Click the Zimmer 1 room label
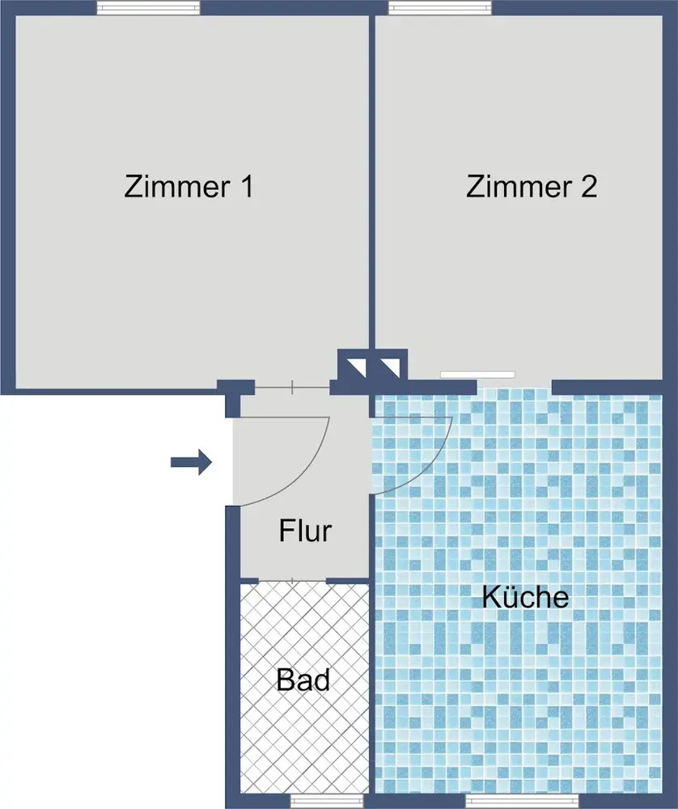pos(189,187)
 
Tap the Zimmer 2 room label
pos(532,187)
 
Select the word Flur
pos(305,531)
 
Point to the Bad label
pos(303,680)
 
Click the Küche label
pos(525,597)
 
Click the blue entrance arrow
pos(192,462)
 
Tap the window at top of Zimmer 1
pos(149,8)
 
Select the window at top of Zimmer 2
pos(440,8)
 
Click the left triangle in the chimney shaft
pos(357,366)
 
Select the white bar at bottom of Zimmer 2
pos(477,375)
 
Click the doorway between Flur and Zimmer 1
pos(292,387)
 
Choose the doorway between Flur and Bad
pos(293,581)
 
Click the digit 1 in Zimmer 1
pos(247,187)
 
